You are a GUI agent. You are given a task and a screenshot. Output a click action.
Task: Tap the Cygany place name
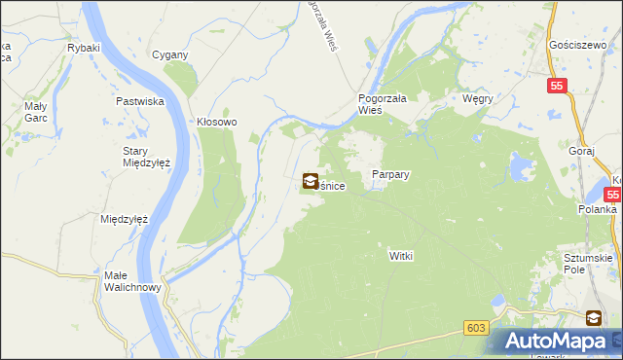click(x=169, y=54)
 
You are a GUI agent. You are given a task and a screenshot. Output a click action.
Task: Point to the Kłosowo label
click(x=217, y=123)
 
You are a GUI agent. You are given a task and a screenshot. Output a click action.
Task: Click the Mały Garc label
click(x=35, y=112)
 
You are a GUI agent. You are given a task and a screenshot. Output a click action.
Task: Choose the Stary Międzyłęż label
click(x=146, y=157)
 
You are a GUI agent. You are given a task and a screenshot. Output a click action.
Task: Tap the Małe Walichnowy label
click(x=128, y=282)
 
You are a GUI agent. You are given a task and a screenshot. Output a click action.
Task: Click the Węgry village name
click(x=478, y=99)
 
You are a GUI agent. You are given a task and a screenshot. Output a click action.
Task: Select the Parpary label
click(x=390, y=175)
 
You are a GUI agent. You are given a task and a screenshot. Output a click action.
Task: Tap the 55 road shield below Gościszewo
click(x=556, y=86)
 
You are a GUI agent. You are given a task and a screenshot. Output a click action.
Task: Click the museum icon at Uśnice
click(x=310, y=180)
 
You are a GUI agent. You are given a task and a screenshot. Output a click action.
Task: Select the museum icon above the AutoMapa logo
click(x=593, y=317)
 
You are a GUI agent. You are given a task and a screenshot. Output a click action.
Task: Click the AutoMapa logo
click(x=559, y=342)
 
